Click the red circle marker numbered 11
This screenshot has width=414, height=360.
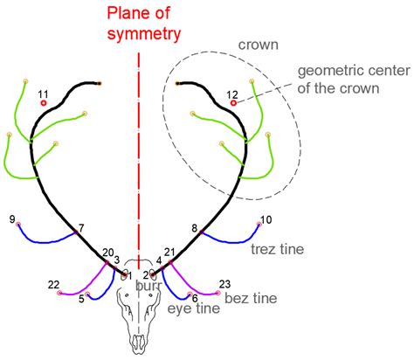click(43, 102)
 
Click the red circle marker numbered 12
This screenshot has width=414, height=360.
click(233, 103)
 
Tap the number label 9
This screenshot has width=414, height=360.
click(11, 218)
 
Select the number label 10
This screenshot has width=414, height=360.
click(266, 219)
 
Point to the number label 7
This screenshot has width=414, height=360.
click(81, 228)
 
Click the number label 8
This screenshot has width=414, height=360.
click(195, 228)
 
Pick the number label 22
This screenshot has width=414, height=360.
click(54, 284)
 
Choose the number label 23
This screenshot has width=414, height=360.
click(224, 284)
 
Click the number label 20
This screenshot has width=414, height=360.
click(107, 253)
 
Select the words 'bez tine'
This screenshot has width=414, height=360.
click(252, 298)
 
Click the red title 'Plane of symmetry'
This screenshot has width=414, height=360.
click(143, 24)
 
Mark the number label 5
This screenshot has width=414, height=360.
click(81, 299)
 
